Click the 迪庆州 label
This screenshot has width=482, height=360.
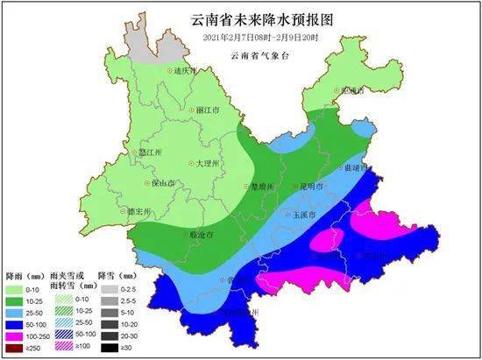pos(184,70)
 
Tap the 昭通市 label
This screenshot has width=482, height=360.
pos(352,90)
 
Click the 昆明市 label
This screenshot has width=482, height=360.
pos(311,187)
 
